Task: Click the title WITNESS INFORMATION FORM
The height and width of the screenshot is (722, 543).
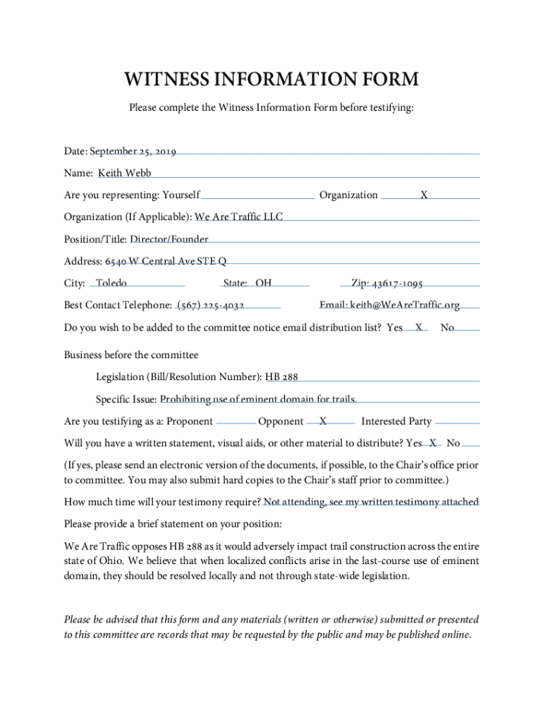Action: point(271,79)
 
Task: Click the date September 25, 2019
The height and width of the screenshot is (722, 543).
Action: point(133,151)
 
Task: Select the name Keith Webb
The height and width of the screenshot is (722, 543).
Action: point(124,173)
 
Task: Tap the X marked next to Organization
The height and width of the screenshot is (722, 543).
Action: point(424,195)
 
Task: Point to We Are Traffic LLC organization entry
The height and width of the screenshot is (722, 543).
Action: point(238,216)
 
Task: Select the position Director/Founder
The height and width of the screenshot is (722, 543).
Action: point(169,239)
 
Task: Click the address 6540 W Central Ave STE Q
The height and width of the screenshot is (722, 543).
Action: point(166,262)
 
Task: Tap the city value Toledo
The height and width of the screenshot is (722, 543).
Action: point(111,283)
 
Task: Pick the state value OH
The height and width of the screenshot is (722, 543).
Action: point(264,283)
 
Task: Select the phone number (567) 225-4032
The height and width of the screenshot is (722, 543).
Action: point(211,305)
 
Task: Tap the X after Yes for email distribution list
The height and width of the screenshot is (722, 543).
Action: point(419,328)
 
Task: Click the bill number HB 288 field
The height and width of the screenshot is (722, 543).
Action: point(286,377)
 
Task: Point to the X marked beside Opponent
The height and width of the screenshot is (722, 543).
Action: point(322,421)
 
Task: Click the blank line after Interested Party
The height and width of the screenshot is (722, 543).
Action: point(457,422)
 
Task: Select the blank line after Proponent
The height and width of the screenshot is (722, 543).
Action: point(236,422)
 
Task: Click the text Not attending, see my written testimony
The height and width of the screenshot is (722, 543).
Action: point(370,501)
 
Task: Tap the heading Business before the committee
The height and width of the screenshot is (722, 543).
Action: point(131,355)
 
